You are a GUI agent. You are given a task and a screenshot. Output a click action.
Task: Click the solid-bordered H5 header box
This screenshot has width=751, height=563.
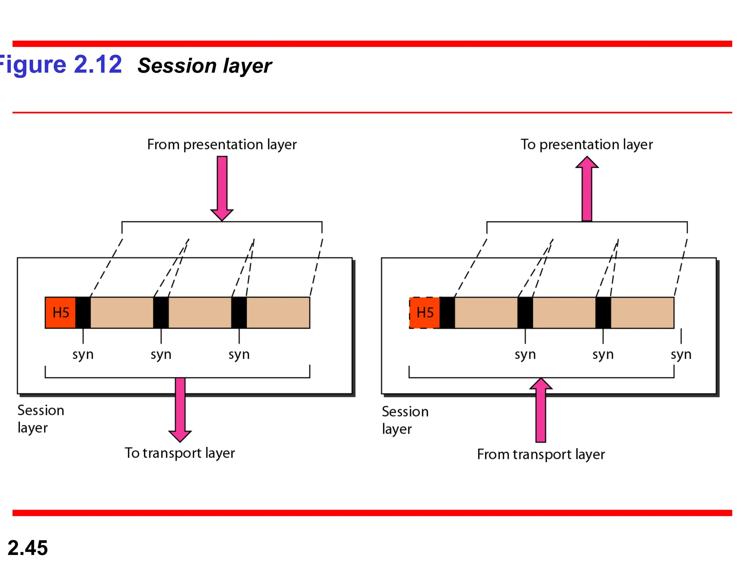tap(61, 313)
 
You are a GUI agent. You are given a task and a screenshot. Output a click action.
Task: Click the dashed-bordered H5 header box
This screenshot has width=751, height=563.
tap(425, 313)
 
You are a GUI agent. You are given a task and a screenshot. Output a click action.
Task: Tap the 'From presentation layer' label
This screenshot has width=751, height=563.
tap(221, 144)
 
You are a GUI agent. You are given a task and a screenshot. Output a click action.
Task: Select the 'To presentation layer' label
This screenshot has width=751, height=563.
tap(586, 144)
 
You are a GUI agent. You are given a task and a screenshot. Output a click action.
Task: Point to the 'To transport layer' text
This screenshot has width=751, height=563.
tap(180, 453)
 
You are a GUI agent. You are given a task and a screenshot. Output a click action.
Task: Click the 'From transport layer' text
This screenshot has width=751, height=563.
tap(541, 455)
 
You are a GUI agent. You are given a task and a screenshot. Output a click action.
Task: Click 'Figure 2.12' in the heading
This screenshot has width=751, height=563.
tap(61, 65)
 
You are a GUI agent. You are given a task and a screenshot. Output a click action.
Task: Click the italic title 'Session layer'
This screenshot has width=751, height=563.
tap(205, 66)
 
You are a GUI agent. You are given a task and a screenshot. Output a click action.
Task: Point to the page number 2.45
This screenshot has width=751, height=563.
tap(28, 548)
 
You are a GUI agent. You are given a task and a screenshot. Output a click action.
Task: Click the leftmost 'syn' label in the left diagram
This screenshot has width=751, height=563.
tap(83, 354)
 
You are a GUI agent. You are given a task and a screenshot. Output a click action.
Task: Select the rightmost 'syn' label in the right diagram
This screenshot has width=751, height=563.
tap(681, 354)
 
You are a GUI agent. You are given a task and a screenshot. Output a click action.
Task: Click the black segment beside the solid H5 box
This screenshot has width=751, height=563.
tap(83, 313)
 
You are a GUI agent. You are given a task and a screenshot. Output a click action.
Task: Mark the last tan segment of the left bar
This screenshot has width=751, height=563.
tap(278, 313)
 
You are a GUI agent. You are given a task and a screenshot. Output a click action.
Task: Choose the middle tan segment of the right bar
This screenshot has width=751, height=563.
tap(564, 313)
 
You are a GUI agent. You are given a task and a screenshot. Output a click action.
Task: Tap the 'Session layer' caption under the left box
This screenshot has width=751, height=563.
tap(40, 419)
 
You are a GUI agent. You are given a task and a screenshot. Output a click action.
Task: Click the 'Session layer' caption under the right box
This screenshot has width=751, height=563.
tap(405, 420)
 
